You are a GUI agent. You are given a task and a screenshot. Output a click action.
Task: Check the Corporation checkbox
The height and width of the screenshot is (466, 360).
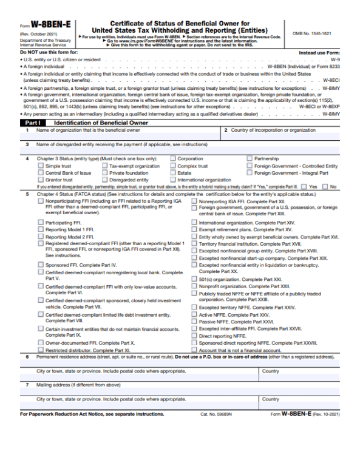point(174,159)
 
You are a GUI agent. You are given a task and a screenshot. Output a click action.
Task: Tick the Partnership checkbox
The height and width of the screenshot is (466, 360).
point(250,159)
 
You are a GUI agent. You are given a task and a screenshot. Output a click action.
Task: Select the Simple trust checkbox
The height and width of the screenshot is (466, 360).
point(41,166)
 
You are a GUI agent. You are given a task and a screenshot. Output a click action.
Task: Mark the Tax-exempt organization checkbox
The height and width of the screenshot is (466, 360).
point(104,166)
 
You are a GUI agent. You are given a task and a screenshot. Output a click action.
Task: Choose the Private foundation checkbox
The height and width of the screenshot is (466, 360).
point(104,173)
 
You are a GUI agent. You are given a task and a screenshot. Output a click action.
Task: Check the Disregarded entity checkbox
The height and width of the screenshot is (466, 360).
point(104,180)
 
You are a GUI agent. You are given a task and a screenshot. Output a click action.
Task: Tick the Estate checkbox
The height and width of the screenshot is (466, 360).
point(174,173)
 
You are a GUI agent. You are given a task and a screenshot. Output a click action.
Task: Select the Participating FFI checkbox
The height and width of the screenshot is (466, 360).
point(41,223)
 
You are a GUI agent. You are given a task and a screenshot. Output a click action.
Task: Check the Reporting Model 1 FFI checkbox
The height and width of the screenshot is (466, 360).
point(41,230)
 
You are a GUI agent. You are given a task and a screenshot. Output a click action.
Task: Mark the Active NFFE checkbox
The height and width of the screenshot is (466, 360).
point(194,315)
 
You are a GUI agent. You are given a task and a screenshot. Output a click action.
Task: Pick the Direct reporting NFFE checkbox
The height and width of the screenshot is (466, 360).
point(194,336)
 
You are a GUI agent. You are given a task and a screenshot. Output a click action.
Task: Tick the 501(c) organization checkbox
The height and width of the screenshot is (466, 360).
point(194,279)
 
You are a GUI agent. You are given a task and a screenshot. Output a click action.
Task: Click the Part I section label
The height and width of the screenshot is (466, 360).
point(33,122)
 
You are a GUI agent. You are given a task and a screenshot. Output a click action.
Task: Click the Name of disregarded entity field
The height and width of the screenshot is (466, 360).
point(182,150)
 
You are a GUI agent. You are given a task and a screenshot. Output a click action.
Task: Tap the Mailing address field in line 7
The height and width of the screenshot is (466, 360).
point(182,391)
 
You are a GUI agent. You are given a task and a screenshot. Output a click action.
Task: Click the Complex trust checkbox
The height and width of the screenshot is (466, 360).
point(174,166)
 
